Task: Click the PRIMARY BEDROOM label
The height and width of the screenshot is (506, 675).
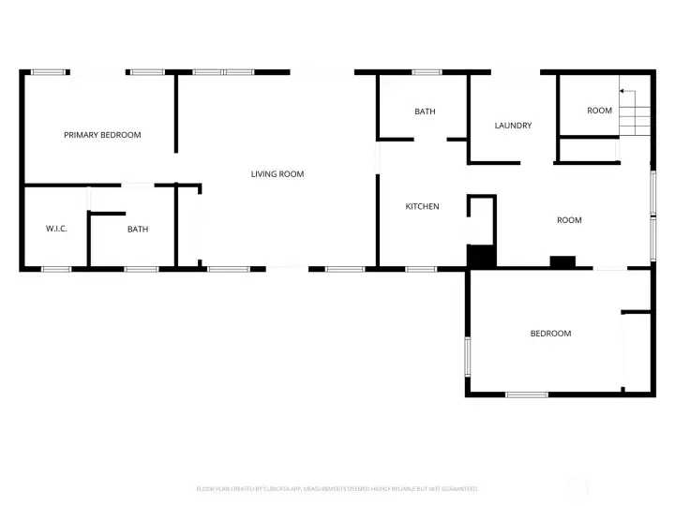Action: (x=102, y=135)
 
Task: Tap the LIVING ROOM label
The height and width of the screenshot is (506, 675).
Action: (x=277, y=173)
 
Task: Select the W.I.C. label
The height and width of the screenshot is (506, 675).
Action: (x=55, y=229)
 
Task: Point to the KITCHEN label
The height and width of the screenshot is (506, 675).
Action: (x=422, y=206)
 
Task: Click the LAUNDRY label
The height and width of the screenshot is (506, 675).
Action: (x=513, y=126)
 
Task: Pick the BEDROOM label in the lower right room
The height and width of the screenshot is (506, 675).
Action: (x=550, y=334)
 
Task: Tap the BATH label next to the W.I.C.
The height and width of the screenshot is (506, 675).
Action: (x=138, y=229)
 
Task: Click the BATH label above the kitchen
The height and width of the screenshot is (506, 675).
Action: (x=425, y=112)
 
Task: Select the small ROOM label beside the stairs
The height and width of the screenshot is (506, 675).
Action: (x=599, y=111)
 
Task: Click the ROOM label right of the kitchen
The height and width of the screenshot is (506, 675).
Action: (x=569, y=220)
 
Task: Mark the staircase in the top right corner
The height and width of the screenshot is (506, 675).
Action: (x=636, y=120)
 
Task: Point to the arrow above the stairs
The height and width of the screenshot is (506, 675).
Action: (x=625, y=92)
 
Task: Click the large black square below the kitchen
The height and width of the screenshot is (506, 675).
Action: (x=481, y=256)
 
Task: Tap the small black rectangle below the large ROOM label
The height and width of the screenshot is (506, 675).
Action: (x=562, y=262)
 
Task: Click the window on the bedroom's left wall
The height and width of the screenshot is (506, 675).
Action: (x=468, y=356)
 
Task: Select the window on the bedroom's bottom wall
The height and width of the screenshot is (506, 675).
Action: (x=526, y=394)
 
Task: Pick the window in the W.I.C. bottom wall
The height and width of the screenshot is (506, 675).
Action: (x=56, y=270)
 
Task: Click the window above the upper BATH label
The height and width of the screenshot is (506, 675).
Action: (x=427, y=72)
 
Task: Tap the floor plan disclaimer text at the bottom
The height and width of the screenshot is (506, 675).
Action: (x=337, y=489)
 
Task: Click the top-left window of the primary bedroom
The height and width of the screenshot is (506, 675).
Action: (x=50, y=72)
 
